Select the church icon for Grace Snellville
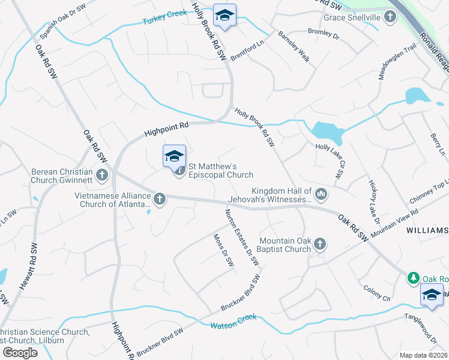[x=391, y=17]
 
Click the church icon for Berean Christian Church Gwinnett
[x=102, y=175]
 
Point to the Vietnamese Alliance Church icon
[x=159, y=198]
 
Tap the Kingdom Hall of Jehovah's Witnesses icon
[x=321, y=193]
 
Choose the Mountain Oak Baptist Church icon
[x=320, y=244]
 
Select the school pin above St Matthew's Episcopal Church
[x=174, y=157]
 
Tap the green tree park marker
[x=413, y=278]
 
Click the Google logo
[x=20, y=353]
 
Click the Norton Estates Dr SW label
[x=242, y=238]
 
